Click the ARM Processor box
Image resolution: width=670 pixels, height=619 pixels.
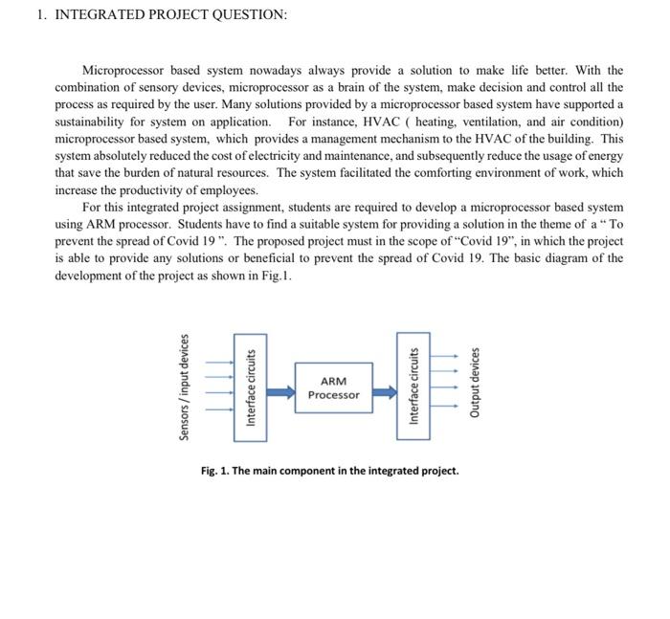coord(334,388)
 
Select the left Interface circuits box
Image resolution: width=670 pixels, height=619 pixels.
coord(251,387)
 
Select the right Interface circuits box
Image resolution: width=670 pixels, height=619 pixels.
coord(413,387)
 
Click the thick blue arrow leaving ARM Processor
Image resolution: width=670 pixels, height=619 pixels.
coord(383,390)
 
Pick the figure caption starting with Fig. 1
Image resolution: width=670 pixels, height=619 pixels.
coord(329,471)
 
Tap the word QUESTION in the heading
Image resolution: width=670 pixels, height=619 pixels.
coord(245,15)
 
